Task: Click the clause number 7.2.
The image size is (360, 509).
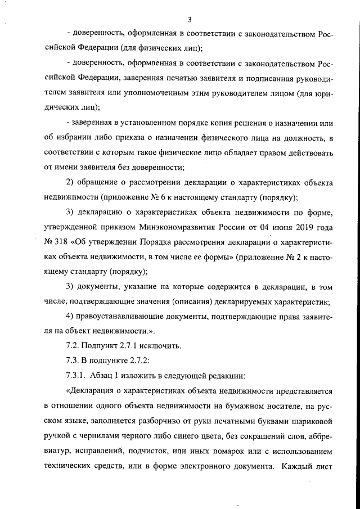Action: tap(74, 344)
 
